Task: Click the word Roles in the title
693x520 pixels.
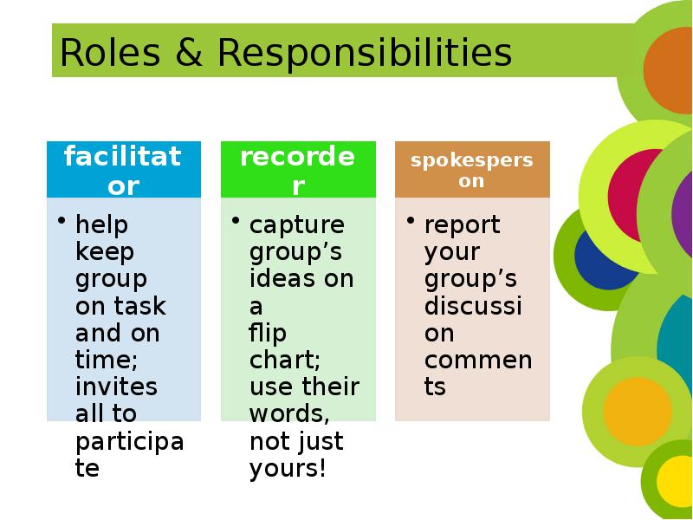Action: [x=110, y=53]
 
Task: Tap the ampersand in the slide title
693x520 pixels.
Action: [x=189, y=53]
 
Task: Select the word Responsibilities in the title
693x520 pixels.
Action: [x=365, y=54]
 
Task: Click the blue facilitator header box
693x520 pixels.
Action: [x=124, y=169]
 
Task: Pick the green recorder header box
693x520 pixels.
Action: [x=298, y=169]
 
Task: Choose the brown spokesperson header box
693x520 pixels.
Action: [x=472, y=169]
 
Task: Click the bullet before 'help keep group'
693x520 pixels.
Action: [x=62, y=220]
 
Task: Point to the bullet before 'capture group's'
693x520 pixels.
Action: [x=236, y=220]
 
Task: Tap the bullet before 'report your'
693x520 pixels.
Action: [x=411, y=220]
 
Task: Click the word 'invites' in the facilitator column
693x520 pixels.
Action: [x=116, y=387]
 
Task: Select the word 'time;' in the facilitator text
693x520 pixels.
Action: [x=107, y=360]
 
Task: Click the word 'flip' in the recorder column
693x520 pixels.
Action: [x=268, y=334]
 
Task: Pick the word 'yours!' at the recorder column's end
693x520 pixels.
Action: [x=288, y=469]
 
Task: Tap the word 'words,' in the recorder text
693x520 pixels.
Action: [x=289, y=414]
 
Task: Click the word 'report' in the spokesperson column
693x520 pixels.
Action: [x=463, y=225]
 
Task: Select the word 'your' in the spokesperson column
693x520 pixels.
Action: [x=452, y=253]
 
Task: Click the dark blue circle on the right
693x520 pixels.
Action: [x=602, y=262]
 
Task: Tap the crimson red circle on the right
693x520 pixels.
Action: [x=633, y=195]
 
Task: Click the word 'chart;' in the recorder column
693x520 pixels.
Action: [x=285, y=360]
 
